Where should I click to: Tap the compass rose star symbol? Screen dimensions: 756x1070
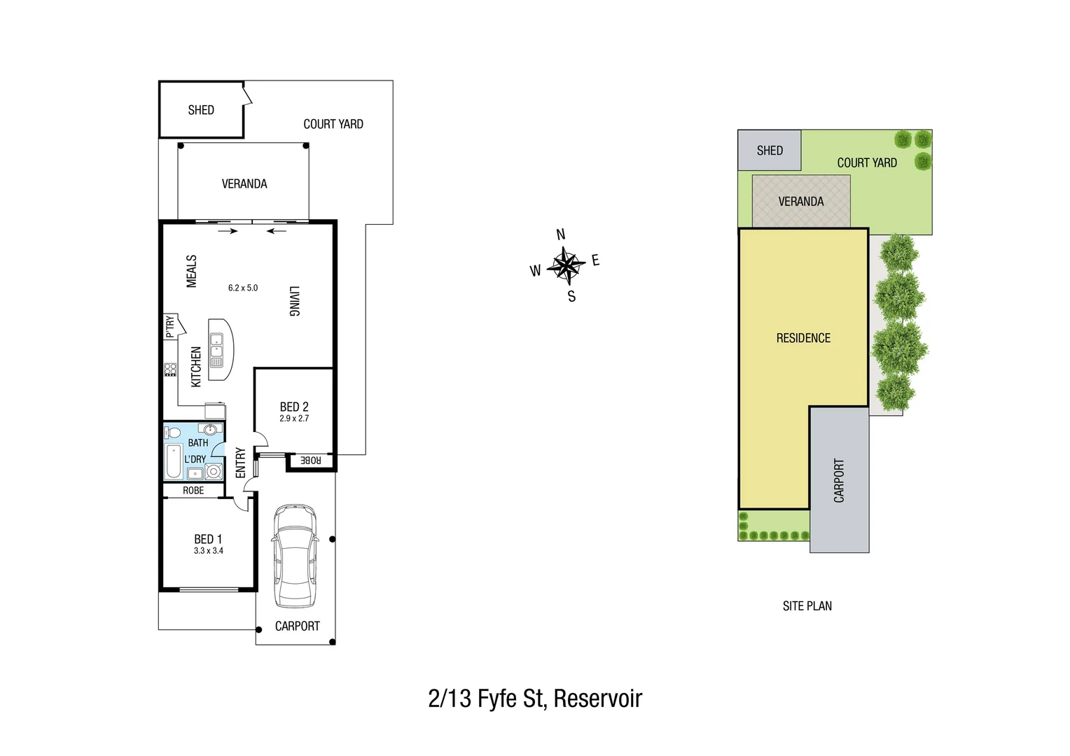click(x=565, y=265)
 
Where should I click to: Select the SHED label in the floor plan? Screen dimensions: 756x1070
click(x=201, y=110)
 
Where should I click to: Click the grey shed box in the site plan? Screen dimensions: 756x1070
click(x=769, y=150)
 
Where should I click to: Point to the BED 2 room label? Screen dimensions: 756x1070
click(x=294, y=407)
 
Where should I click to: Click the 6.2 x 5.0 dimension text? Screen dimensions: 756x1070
click(x=243, y=288)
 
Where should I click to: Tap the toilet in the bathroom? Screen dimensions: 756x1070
click(x=173, y=433)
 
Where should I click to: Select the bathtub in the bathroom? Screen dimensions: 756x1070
click(x=174, y=461)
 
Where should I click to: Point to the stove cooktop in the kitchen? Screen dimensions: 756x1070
click(x=170, y=370)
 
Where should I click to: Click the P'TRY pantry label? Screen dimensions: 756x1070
click(x=170, y=327)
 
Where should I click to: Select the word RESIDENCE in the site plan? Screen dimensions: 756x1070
click(x=803, y=338)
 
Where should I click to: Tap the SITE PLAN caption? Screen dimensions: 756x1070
click(x=807, y=606)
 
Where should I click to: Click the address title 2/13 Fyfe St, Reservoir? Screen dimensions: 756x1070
click(x=535, y=699)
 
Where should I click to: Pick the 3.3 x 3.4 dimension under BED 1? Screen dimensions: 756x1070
click(x=209, y=551)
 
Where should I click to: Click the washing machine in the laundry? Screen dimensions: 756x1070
click(x=214, y=472)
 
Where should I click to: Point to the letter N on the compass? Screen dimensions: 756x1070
click(x=560, y=234)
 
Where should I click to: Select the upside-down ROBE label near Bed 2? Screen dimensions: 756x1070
click(x=310, y=460)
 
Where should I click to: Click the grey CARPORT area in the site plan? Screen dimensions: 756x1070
click(x=839, y=480)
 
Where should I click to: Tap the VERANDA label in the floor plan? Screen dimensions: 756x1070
click(x=244, y=183)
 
